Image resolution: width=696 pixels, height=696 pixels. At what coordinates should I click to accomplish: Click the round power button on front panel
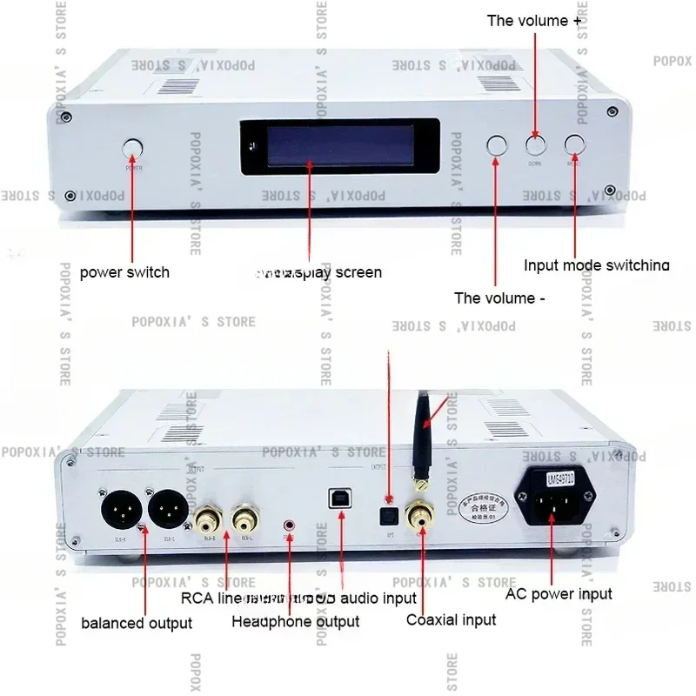133,148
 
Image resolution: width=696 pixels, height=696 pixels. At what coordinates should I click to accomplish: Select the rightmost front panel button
575,145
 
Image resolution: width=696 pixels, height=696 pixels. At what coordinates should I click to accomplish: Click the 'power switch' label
124,272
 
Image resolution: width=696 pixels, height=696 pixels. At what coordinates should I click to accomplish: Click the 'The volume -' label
499,298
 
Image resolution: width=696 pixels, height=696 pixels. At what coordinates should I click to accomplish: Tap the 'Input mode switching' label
597,265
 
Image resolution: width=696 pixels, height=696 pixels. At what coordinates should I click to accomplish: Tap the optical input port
391,512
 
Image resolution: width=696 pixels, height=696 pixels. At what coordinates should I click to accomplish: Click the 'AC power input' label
559,594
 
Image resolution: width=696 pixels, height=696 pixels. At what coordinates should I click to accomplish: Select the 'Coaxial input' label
451,619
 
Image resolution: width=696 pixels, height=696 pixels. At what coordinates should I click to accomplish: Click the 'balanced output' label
137,623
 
